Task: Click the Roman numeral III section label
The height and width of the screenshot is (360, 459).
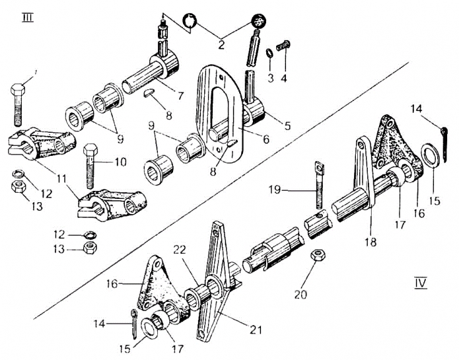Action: point(28,18)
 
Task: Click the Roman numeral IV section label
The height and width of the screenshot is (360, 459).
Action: point(421,283)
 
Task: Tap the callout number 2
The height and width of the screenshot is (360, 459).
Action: point(221,45)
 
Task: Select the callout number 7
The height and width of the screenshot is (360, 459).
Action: point(180,95)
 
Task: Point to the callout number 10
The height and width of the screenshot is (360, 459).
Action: point(120,162)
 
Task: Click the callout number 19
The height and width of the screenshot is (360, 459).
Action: point(275,190)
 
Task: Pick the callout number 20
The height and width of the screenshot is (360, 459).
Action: point(300,294)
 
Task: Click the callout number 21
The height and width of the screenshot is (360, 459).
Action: point(256,330)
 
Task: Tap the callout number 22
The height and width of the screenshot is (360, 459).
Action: point(180,250)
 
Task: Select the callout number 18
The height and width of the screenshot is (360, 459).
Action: point(371,242)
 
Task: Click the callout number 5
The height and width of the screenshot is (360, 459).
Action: point(287,126)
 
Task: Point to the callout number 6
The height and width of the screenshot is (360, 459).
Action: point(265,139)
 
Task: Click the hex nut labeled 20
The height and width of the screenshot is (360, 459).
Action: point(318,255)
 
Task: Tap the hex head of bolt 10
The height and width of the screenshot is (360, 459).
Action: point(90,150)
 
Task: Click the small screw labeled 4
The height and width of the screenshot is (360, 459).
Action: point(283,46)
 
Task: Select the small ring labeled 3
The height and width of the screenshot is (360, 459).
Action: point(270,53)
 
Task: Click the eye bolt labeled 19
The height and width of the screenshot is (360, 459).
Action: point(320,184)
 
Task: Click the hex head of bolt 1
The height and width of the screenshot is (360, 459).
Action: point(18,89)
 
